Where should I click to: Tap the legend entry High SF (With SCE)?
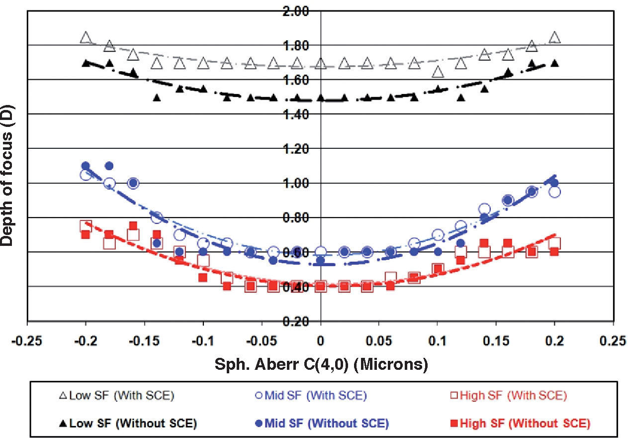coord(513,396)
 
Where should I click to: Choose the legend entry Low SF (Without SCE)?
coord(128,424)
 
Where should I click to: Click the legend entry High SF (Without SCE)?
coord(520,424)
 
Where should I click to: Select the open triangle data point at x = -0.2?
coord(86,38)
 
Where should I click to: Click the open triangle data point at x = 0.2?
coord(554,38)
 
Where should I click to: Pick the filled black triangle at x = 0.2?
coord(554,63)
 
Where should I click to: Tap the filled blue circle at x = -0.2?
coord(86,166)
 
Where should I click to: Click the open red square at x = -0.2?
coord(86,226)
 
